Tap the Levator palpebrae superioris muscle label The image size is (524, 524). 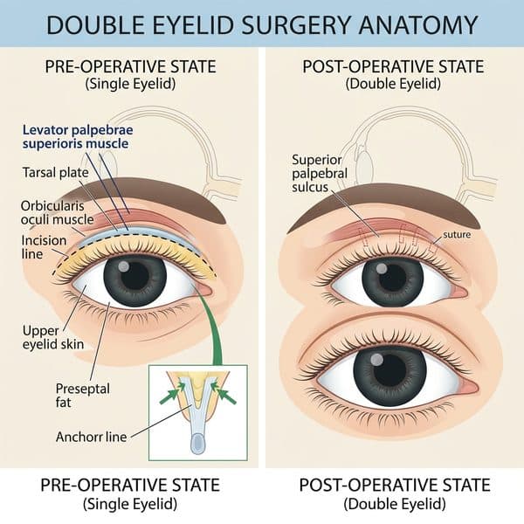point(78,137)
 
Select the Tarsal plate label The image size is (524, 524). point(56,172)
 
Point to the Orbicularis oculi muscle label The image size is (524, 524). point(57,212)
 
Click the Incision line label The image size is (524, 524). point(44,247)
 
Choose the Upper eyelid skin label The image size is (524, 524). point(53,337)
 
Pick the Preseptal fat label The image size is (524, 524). point(83,395)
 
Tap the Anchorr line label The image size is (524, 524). point(91,437)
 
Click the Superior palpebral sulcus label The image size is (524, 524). point(320,174)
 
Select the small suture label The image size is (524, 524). point(457,235)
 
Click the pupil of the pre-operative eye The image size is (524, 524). point(134,276)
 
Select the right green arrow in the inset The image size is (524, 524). point(224,394)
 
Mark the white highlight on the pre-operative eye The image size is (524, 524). point(124,266)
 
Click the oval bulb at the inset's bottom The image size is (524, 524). point(198,443)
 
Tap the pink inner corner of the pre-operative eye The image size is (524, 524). point(204,290)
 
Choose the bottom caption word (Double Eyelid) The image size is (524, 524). point(395,504)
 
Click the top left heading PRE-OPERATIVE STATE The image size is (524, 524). point(131,66)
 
